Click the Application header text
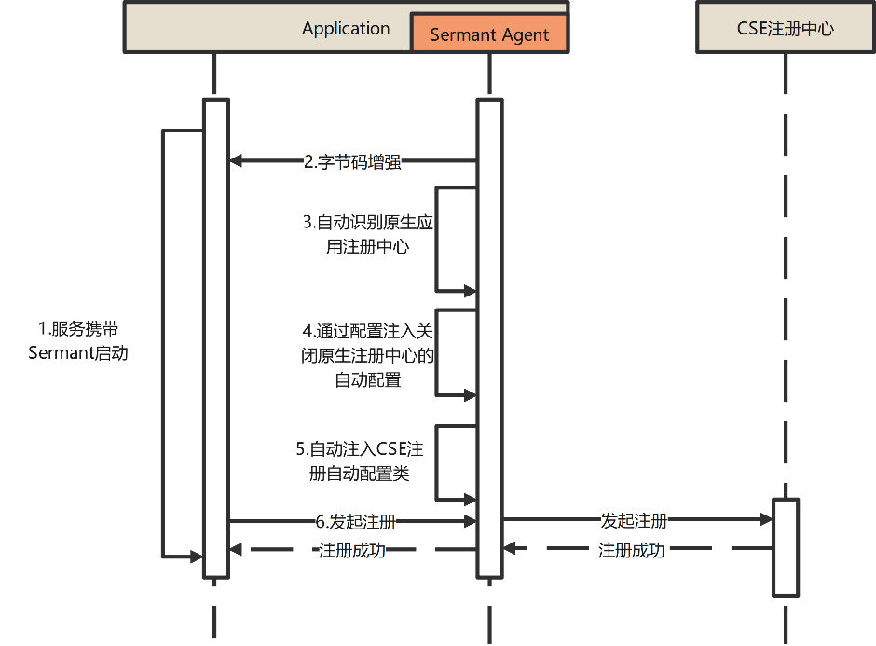[346, 29]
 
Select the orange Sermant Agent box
[489, 34]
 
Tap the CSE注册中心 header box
[785, 28]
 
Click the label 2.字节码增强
[352, 161]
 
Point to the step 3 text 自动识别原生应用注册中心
[368, 235]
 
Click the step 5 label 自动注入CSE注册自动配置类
[360, 461]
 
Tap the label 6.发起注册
[355, 522]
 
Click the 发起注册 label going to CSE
[634, 520]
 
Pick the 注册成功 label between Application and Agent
[352, 550]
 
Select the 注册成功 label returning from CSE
[631, 550]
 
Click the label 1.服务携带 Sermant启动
[78, 341]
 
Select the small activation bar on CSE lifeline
[786, 546]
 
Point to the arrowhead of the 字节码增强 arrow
[236, 161]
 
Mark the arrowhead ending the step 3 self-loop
[470, 291]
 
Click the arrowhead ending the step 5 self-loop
[470, 500]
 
